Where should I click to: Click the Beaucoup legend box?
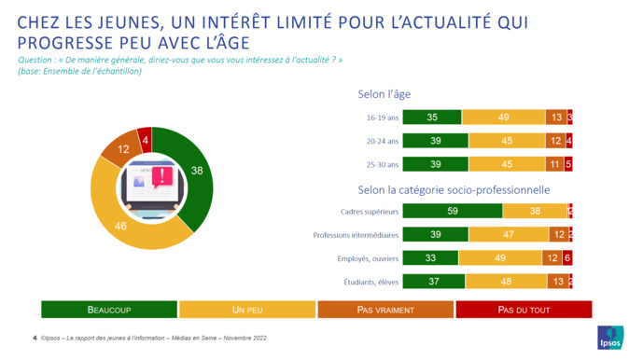[x=108, y=309]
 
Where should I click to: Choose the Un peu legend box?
[x=246, y=309]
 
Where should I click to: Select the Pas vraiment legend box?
[x=384, y=309]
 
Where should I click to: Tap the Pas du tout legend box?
[x=523, y=309]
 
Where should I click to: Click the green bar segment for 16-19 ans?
[x=432, y=118]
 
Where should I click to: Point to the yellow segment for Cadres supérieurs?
[x=535, y=212]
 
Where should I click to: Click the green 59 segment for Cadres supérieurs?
[x=453, y=212]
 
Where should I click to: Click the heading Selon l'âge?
[x=384, y=94]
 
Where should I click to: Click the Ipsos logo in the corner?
[x=611, y=338]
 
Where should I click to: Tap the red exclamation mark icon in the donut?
[x=166, y=174]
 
